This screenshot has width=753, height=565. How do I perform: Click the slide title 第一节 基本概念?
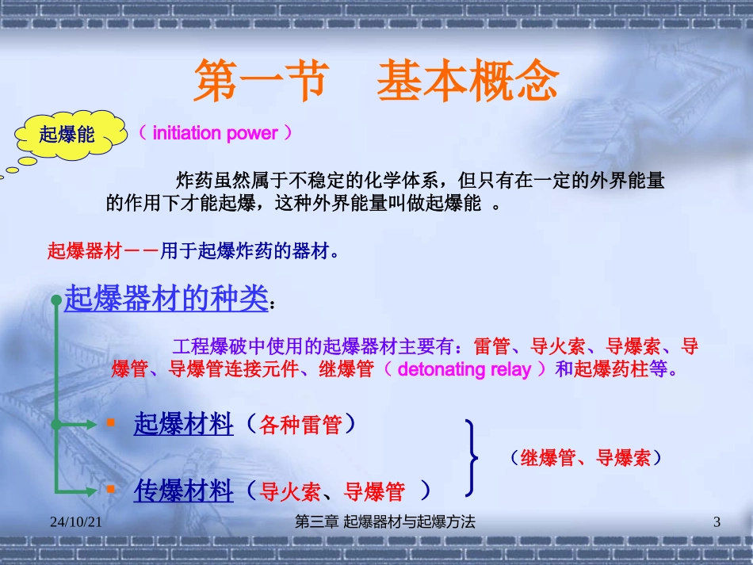click(376, 82)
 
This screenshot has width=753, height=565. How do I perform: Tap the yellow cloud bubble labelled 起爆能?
click(68, 134)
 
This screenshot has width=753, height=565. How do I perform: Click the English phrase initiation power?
click(215, 133)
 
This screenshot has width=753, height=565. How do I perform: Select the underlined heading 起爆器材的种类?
click(166, 299)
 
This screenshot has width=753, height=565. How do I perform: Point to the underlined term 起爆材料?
click(184, 424)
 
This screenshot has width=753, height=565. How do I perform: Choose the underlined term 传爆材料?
click(184, 491)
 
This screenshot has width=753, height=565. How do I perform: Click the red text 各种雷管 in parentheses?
click(301, 425)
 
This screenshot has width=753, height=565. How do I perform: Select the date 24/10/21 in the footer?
click(76, 521)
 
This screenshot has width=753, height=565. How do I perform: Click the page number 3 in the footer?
click(717, 521)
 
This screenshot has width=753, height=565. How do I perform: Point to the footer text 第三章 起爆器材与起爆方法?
click(384, 521)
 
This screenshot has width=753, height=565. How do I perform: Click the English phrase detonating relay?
click(464, 369)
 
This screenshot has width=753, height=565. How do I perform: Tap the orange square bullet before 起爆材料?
click(111, 423)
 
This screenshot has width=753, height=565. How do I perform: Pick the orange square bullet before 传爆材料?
click(111, 491)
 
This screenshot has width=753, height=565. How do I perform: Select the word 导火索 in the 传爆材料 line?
click(290, 492)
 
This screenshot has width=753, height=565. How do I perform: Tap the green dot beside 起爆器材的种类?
click(55, 300)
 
